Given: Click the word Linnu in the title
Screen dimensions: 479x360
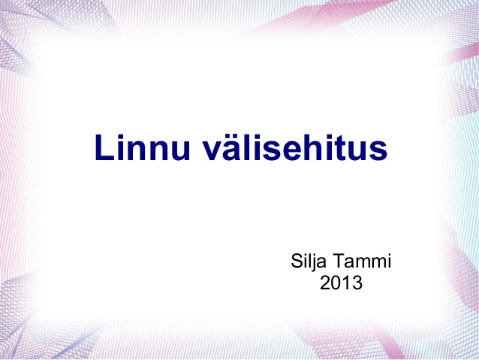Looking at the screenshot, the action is coord(143,147).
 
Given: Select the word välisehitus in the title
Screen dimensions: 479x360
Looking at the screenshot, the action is coord(295,147).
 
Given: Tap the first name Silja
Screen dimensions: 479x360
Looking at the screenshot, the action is coord(309,262).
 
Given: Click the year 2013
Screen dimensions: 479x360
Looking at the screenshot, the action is coord(341,283).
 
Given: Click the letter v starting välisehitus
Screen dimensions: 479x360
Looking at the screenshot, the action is coord(212,151).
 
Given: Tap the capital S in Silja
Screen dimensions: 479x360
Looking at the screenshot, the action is coord(297,261).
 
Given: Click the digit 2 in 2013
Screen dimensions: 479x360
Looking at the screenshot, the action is coord(325,283).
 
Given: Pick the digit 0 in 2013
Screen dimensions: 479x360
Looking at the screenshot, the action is coord(336,283).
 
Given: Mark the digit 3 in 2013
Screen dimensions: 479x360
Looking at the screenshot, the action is coord(357,283).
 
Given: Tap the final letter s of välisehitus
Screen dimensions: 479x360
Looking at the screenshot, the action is coord(379,151).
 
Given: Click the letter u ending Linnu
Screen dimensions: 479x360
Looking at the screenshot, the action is coord(181,151).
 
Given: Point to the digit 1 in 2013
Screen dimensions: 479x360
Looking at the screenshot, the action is coord(346,283).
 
